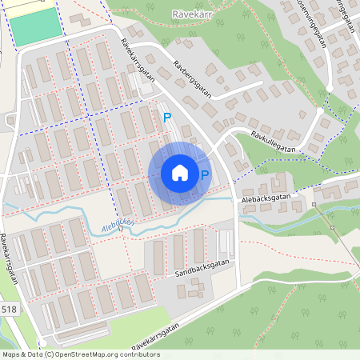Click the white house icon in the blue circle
pos(180,173)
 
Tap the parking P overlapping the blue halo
pos(205,175)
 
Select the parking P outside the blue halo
pos(167,118)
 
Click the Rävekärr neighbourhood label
pos(192,14)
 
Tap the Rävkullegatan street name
pos(271,141)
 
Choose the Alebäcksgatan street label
pos(267,194)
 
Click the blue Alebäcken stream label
pos(118,227)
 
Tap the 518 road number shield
pos(9,310)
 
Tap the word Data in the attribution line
pos(34,354)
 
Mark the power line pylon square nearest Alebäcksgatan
pos(314,205)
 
